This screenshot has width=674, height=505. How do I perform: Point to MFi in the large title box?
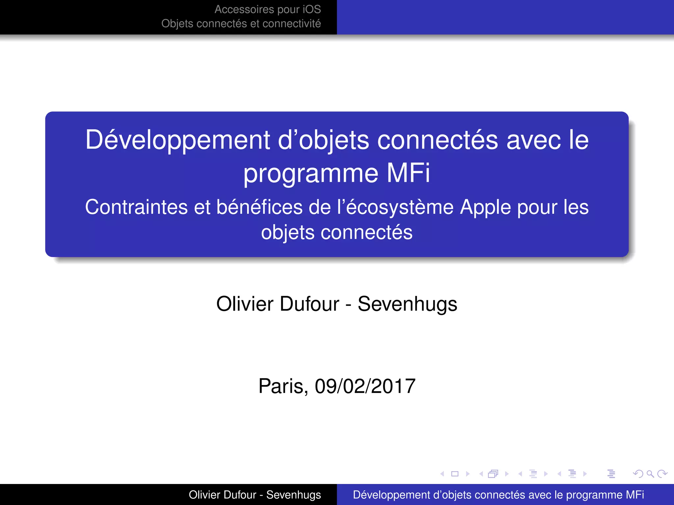(408, 173)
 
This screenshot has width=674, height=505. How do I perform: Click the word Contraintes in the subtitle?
(136, 207)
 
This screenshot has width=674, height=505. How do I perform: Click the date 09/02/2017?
(365, 386)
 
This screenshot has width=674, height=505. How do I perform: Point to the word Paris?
(283, 386)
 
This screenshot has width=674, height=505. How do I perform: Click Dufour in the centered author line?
(310, 304)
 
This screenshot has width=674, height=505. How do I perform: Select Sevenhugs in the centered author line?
(407, 304)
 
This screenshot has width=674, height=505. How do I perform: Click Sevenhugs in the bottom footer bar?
(294, 495)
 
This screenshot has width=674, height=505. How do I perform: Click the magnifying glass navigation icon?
(650, 474)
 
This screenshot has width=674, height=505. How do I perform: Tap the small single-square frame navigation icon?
(455, 474)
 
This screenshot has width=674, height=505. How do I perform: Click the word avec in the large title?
(533, 140)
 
